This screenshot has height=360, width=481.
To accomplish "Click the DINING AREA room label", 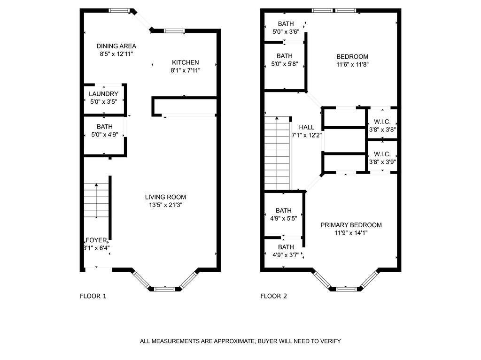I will pos(116,46).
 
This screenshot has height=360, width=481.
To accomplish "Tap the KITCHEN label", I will pos(185,62).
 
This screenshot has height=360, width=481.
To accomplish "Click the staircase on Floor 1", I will pos(96,200).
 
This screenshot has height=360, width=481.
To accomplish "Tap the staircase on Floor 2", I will pos(278,153).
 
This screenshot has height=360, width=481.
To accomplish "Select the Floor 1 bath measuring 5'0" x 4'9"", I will pos(104,131).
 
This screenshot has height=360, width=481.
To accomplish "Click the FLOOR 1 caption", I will pos(93,296).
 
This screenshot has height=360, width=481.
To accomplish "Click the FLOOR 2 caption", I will pos(274,296).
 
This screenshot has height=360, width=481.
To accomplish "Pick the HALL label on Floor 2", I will pos(306,127).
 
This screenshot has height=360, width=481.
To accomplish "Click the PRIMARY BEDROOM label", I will pos(351,225).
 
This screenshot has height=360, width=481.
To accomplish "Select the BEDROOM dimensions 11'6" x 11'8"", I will pos(352,64).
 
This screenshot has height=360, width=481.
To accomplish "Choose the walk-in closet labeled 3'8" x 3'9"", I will pos(382,158).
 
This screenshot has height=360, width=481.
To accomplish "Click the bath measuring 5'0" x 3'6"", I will pos(286,28).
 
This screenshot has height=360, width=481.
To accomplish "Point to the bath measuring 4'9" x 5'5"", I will pos(284,214).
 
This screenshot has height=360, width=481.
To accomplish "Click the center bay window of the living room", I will pos(164,289).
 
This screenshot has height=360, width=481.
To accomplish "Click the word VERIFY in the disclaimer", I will pos(330,341).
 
